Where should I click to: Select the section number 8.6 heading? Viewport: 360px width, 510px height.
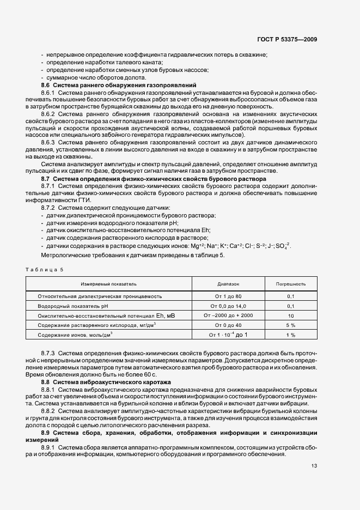click(46, 86)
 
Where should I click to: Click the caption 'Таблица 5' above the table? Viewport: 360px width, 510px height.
click(46, 270)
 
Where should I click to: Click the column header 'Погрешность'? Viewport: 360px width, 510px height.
click(290, 284)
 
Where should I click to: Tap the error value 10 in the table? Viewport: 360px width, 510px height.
click(290, 315)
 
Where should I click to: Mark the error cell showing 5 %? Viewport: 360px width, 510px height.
click(290, 325)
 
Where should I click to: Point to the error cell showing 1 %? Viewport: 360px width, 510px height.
click(290, 335)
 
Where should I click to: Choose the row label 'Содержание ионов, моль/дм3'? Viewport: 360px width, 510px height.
click(75, 335)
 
